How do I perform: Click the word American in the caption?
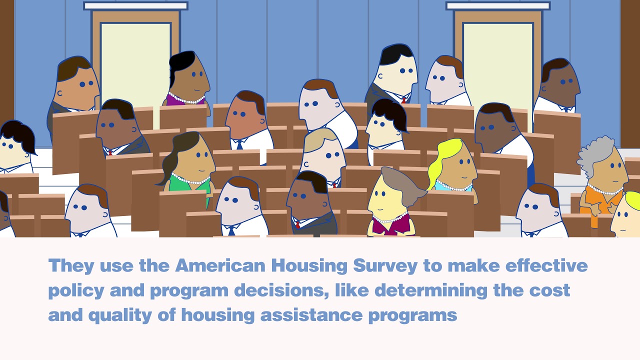(220, 265)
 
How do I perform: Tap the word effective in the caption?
(546, 265)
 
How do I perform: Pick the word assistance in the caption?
(311, 315)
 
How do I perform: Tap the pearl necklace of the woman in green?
(191, 179)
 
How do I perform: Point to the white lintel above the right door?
(498, 5)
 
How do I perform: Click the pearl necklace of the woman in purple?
(187, 98)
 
